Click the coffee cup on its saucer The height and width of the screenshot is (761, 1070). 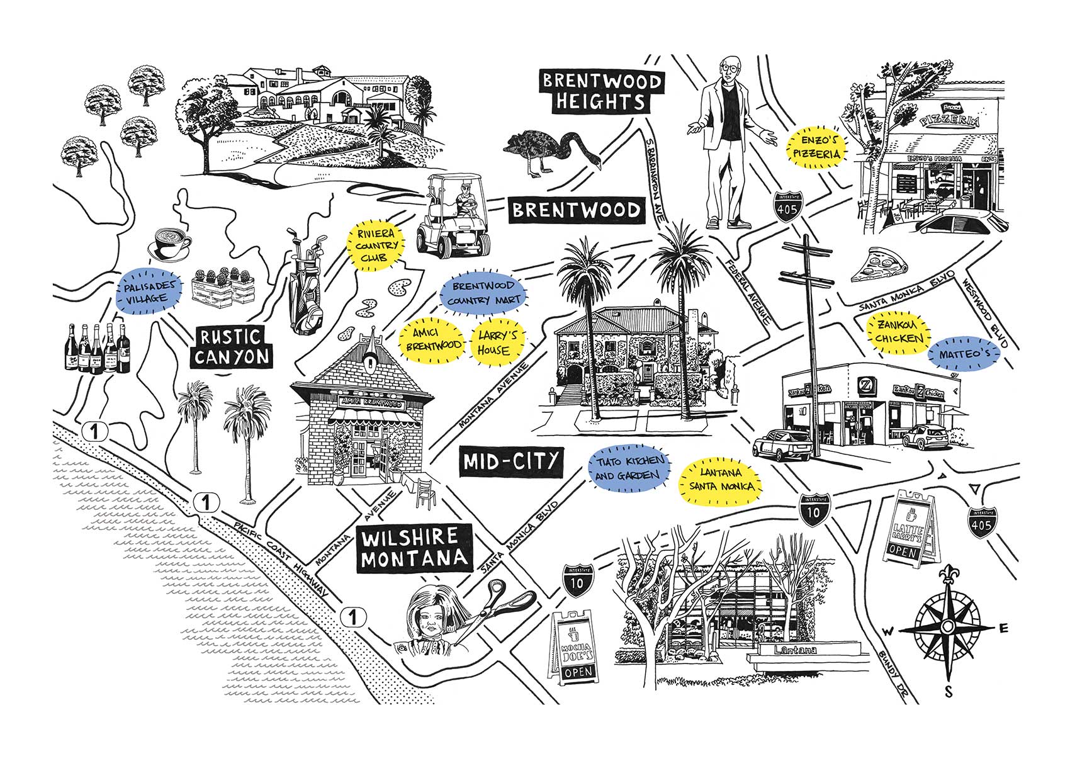[x=170, y=243]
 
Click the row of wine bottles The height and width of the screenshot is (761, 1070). [x=98, y=348]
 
